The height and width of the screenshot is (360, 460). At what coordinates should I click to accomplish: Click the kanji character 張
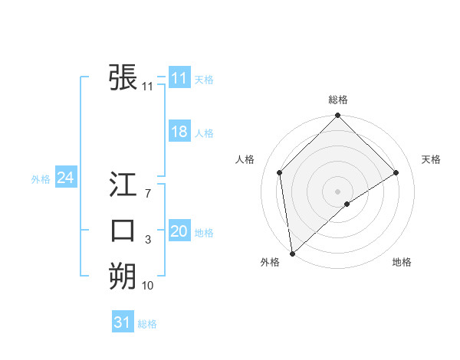pyautogui.click(x=123, y=77)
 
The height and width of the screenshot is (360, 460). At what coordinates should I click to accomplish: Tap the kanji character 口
pyautogui.click(x=123, y=230)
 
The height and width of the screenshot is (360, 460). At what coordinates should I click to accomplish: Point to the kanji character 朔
pyautogui.click(x=123, y=275)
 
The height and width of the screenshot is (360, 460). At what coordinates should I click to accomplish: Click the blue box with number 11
pyautogui.click(x=179, y=78)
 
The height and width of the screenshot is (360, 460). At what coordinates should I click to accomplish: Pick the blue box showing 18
pyautogui.click(x=179, y=132)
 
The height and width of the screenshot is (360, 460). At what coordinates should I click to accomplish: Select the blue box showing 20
pyautogui.click(x=179, y=231)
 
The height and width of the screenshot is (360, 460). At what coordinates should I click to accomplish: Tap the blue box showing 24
pyautogui.click(x=66, y=178)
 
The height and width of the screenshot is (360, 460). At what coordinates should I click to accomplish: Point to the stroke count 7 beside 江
pyautogui.click(x=147, y=195)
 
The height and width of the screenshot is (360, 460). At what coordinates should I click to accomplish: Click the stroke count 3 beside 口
pyautogui.click(x=147, y=241)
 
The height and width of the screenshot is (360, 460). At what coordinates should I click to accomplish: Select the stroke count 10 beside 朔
pyautogui.click(x=147, y=286)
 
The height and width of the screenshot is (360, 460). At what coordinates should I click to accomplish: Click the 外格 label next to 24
pyautogui.click(x=41, y=179)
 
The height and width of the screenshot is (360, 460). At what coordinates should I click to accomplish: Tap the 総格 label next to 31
pyautogui.click(x=147, y=324)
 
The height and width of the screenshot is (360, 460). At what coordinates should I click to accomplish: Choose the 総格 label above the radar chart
pyautogui.click(x=338, y=100)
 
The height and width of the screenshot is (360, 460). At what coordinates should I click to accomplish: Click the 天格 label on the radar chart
pyautogui.click(x=431, y=159)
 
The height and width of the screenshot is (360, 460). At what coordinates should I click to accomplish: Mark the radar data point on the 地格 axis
pyautogui.click(x=347, y=204)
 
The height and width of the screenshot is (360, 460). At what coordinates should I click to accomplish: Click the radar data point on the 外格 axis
pyautogui.click(x=291, y=253)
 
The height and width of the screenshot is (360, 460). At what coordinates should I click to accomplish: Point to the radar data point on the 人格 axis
pyautogui.click(x=280, y=172)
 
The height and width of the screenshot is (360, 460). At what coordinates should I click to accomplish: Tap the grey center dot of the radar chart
pyautogui.click(x=338, y=191)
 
